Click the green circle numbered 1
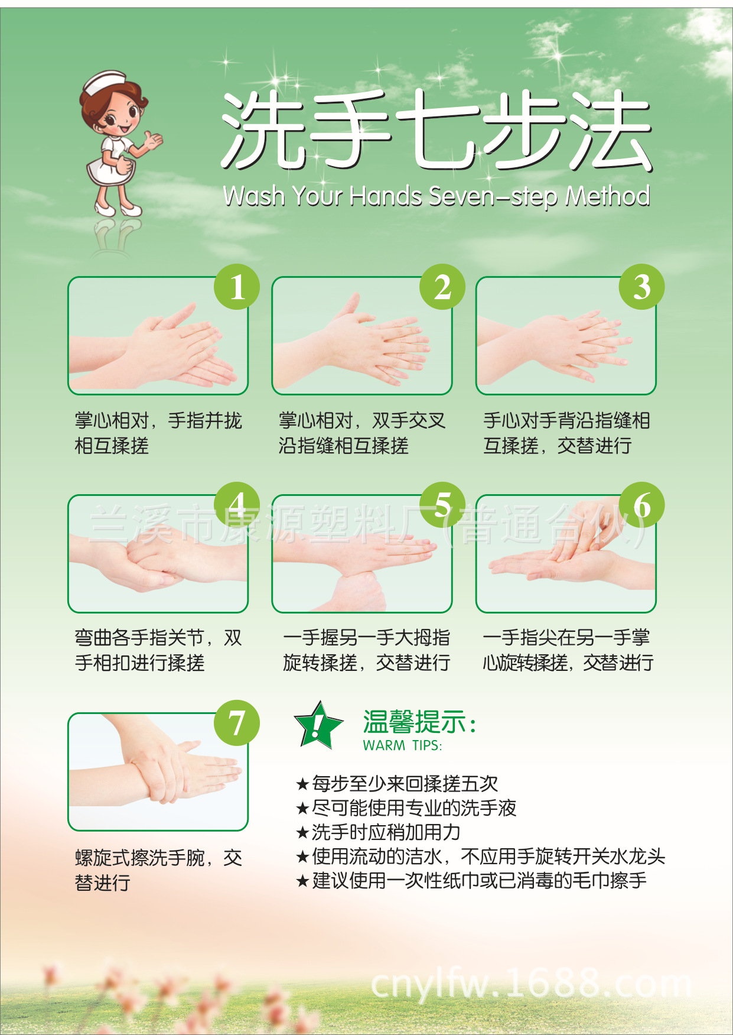click(x=237, y=287)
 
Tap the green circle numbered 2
click(x=442, y=287)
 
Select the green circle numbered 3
click(x=641, y=287)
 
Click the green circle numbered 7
click(x=237, y=722)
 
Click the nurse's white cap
click(x=105, y=83)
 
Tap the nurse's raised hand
click(x=154, y=141)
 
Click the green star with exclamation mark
click(x=318, y=726)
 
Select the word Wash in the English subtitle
click(x=254, y=196)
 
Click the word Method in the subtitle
click(x=608, y=196)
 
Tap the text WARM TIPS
click(x=402, y=745)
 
